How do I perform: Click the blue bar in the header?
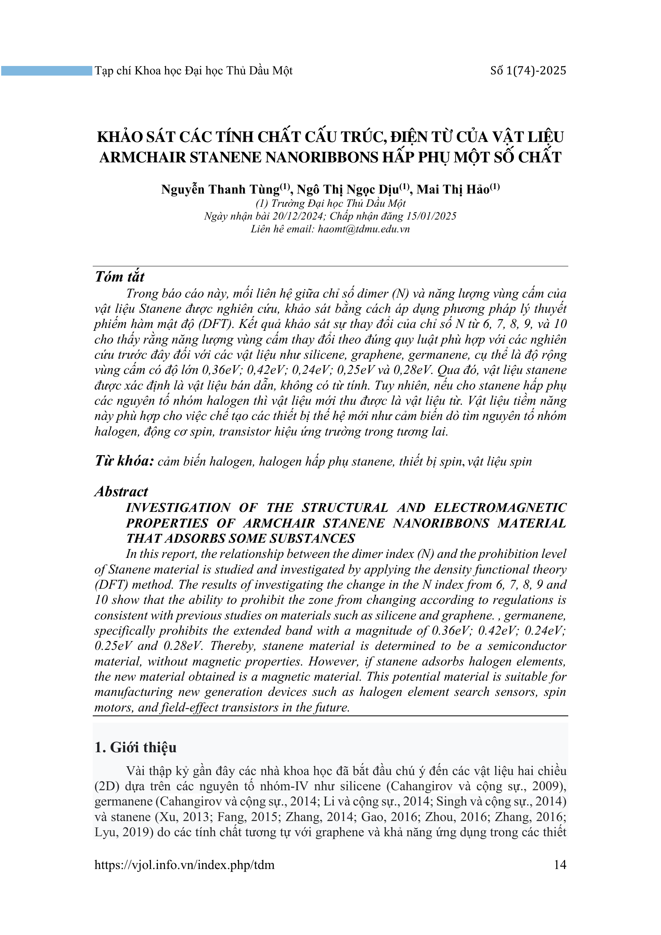coord(46,71)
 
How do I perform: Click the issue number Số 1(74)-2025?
coord(528,71)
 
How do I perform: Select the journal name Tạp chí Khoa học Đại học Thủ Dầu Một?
coord(193,71)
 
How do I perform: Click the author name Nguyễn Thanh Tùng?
coord(220,190)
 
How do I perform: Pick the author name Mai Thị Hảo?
coord(453,190)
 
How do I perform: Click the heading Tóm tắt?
coord(119,277)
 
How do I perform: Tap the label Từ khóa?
coord(124,461)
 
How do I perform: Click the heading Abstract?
coord(121,491)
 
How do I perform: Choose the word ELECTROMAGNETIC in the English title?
coord(500,507)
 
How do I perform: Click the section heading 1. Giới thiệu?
coord(135,747)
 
